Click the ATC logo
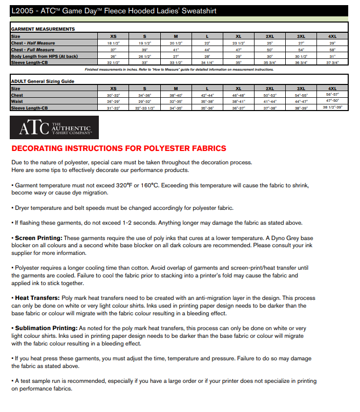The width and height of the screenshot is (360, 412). [x=54, y=127]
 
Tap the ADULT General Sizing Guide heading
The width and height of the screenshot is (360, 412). [x=43, y=81]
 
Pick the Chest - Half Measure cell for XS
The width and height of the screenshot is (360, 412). [x=114, y=43]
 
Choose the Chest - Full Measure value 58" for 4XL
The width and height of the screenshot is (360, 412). [x=332, y=50]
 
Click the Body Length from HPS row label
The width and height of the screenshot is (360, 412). [x=44, y=56]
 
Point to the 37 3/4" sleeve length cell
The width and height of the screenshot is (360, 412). [x=332, y=62]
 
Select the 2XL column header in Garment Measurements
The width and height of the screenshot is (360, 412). [x=270, y=36]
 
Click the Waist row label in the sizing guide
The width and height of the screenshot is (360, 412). [x=17, y=101]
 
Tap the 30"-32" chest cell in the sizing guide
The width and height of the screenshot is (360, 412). [x=114, y=95]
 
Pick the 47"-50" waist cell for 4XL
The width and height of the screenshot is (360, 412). [x=332, y=101]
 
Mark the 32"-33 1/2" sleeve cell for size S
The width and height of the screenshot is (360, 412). [x=145, y=108]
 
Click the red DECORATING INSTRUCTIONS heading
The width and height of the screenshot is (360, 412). [x=118, y=148]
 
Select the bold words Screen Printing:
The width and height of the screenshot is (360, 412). [x=38, y=238]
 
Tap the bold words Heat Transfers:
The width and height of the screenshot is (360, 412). [x=37, y=298]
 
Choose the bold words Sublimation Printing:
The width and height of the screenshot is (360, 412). [x=46, y=328]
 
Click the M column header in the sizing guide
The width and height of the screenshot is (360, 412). [x=176, y=89]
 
